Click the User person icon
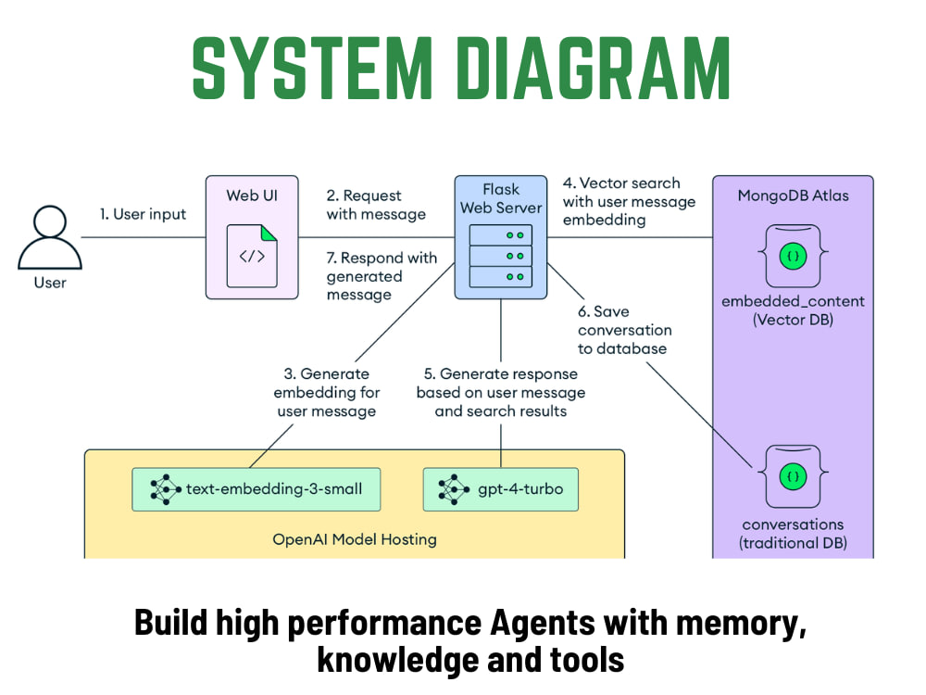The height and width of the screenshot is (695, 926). tap(50, 237)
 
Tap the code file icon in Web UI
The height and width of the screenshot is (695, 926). tap(252, 256)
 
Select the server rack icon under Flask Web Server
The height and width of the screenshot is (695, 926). tap(501, 256)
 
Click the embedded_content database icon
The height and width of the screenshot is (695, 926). tap(794, 256)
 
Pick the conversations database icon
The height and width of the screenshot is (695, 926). tap(794, 476)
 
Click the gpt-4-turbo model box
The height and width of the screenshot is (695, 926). tap(501, 489)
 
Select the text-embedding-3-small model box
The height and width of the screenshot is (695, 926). tap(257, 489)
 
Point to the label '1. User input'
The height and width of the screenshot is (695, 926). tap(143, 214)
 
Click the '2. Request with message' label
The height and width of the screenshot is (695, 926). tap(376, 205)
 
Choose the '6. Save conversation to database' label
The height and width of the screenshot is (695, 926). tap(625, 330)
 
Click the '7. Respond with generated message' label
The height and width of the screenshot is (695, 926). tap(382, 276)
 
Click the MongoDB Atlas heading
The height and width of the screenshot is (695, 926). tap(794, 196)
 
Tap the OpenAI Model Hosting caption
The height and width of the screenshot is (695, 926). tap(355, 539)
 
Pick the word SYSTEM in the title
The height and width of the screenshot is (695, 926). tap(312, 68)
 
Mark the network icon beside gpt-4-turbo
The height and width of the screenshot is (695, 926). tap(454, 489)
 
